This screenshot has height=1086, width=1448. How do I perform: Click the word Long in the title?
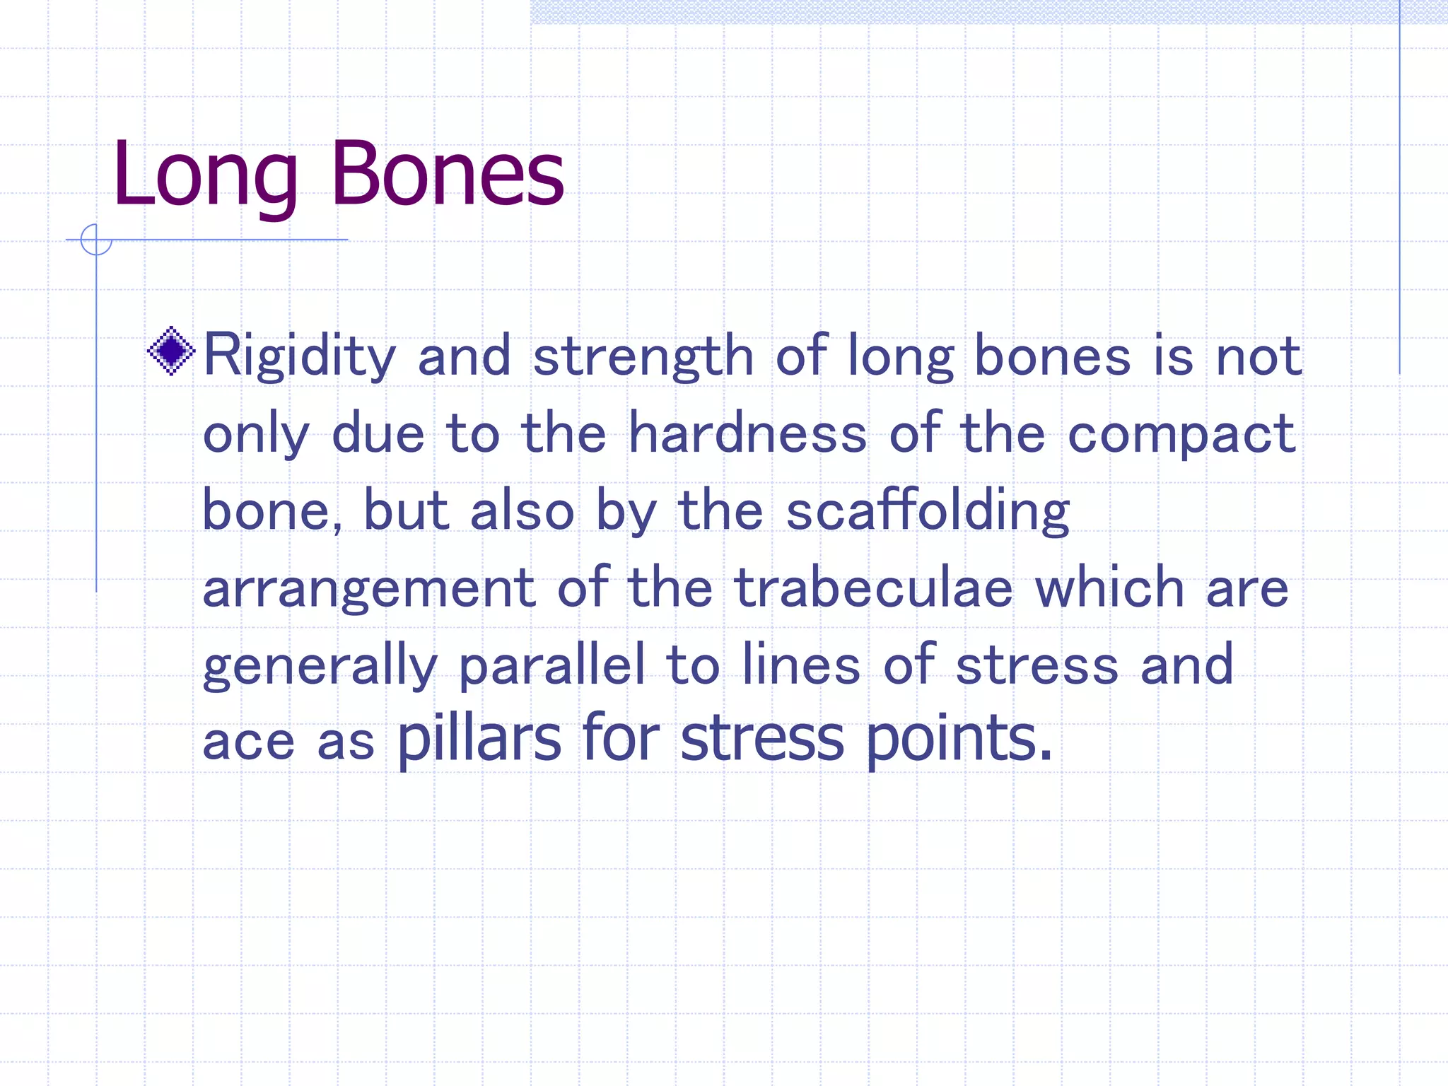tap(205, 175)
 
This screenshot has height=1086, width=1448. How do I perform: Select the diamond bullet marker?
tap(171, 351)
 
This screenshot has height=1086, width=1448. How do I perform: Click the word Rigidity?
tap(299, 356)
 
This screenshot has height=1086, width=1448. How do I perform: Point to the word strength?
tap(643, 356)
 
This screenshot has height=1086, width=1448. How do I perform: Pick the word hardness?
tap(747, 433)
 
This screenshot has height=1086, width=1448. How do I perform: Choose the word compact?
tap(1181, 434)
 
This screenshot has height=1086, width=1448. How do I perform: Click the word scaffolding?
tap(928, 511)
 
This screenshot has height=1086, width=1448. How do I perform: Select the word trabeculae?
tap(874, 588)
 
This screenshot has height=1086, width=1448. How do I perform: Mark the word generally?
tap(320, 665)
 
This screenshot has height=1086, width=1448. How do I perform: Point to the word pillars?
tap(479, 739)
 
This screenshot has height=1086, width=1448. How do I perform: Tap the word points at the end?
tap(959, 739)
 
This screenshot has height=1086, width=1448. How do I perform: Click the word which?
tap(1109, 588)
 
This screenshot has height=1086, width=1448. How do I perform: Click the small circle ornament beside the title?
tap(96, 240)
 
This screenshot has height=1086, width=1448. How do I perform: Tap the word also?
tap(522, 511)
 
